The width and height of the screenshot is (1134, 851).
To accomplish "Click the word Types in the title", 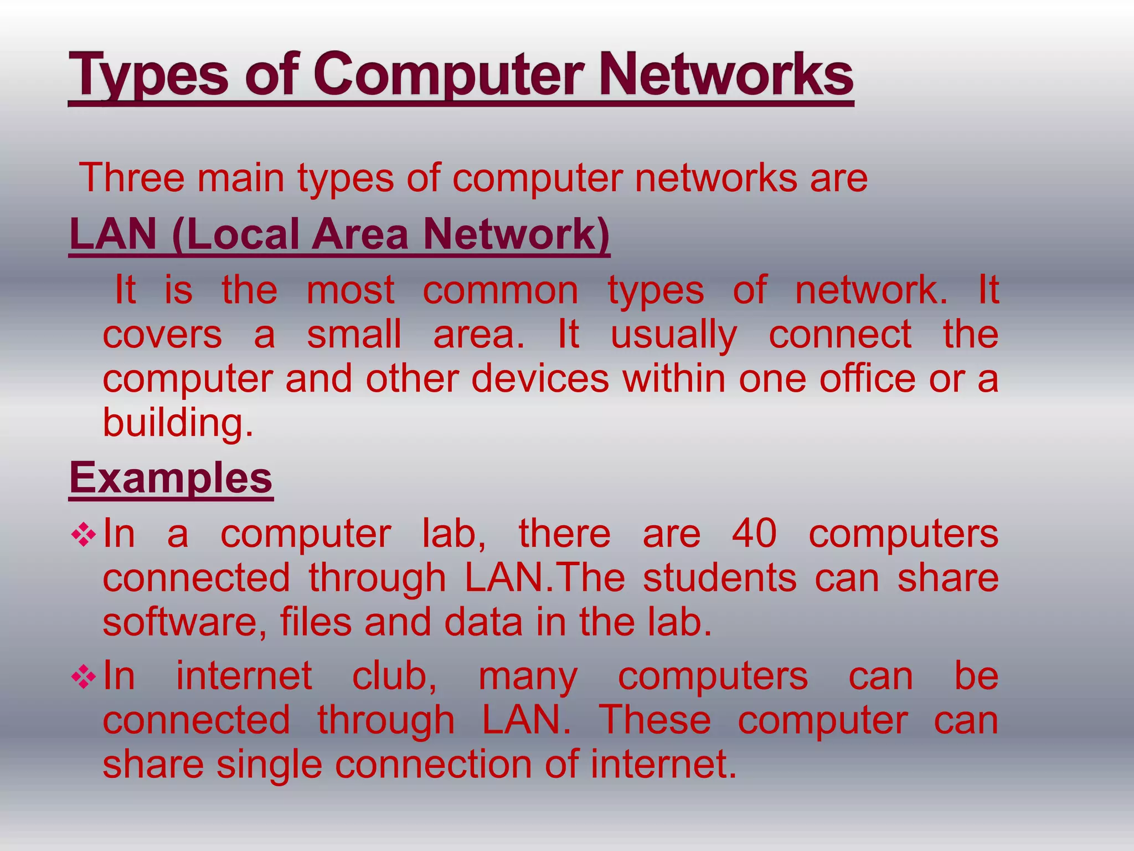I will click(x=149, y=75).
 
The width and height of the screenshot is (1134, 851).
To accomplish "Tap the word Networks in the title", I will click(x=726, y=75).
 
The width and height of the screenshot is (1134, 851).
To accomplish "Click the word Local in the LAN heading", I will click(x=244, y=234).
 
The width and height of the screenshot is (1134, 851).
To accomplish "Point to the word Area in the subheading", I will click(x=360, y=234).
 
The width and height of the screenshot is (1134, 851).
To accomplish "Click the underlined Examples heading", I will click(x=171, y=478).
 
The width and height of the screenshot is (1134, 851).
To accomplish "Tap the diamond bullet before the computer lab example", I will click(x=84, y=535).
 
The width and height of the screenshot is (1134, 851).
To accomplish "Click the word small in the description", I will click(x=354, y=335).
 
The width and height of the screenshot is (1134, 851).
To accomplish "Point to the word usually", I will click(x=674, y=336).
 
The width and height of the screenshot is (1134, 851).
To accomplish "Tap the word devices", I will click(x=540, y=379).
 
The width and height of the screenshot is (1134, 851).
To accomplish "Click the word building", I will click(x=178, y=423).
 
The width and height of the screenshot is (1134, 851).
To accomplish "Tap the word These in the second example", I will click(x=655, y=720).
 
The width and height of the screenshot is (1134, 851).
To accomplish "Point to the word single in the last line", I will click(x=269, y=765).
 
